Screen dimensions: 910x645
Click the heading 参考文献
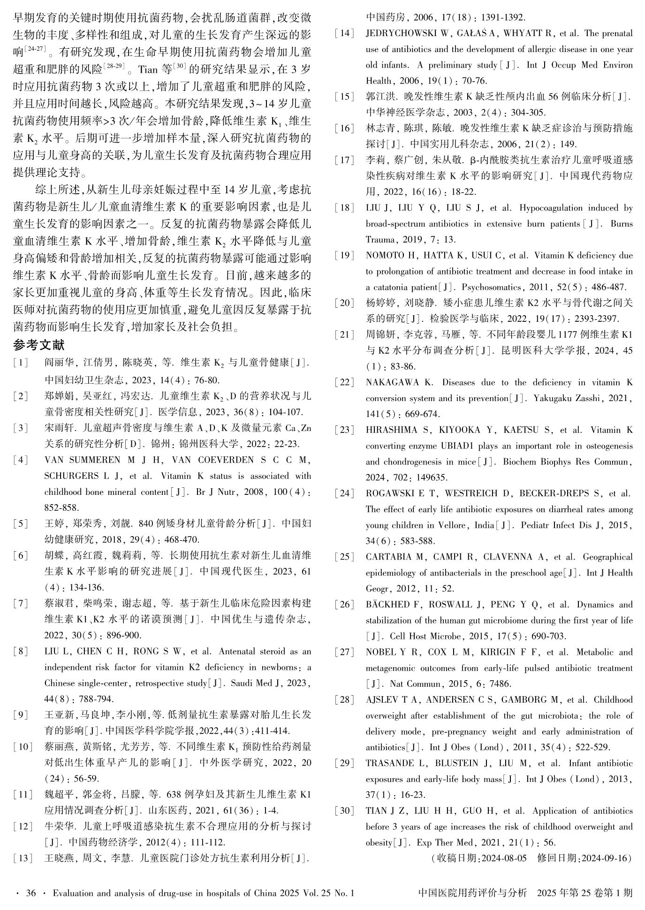pyautogui.click(x=39, y=345)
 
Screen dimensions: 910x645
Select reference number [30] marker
pyautogui.click(x=344, y=811)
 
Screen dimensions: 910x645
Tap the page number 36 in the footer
pyautogui.click(x=31, y=893)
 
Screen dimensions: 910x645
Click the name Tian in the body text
pyautogui.click(x=148, y=70)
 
